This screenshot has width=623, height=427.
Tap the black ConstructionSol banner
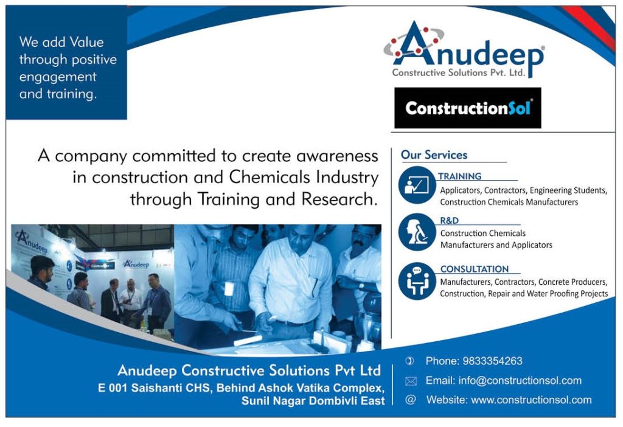(468, 108)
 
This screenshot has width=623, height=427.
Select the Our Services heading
(434, 155)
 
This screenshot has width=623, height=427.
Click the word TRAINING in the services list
(460, 176)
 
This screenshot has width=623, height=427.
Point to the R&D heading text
(450, 220)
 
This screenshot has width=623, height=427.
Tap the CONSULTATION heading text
(475, 269)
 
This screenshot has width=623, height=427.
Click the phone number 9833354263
(493, 361)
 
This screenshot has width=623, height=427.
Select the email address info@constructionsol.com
(520, 381)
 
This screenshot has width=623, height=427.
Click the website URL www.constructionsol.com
(531, 400)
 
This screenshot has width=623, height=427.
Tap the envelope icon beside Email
(411, 381)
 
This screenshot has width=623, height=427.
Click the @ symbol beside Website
(411, 400)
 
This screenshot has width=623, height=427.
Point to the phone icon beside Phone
(409, 361)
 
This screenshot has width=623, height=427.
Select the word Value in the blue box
(86, 42)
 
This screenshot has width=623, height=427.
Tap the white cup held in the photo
(229, 288)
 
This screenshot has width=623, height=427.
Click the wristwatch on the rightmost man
(361, 286)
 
